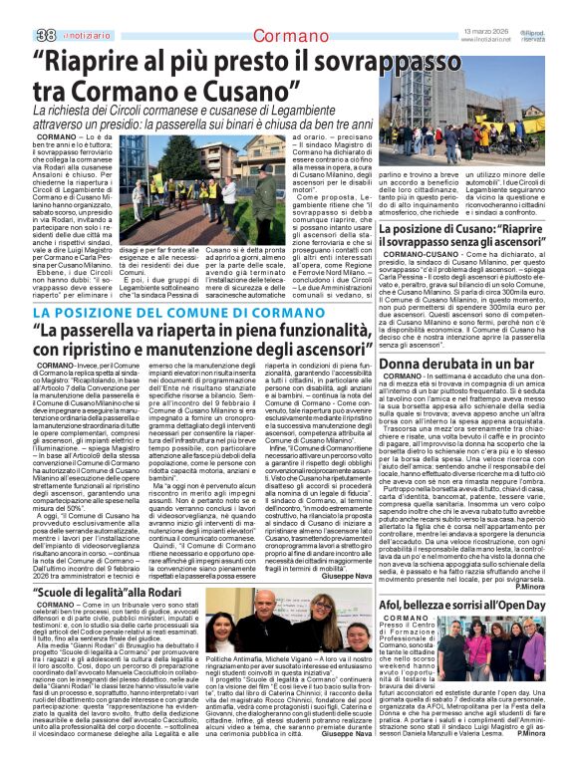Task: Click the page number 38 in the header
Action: click(x=46, y=35)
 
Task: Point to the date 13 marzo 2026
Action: click(x=486, y=30)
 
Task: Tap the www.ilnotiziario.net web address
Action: click(x=486, y=39)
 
